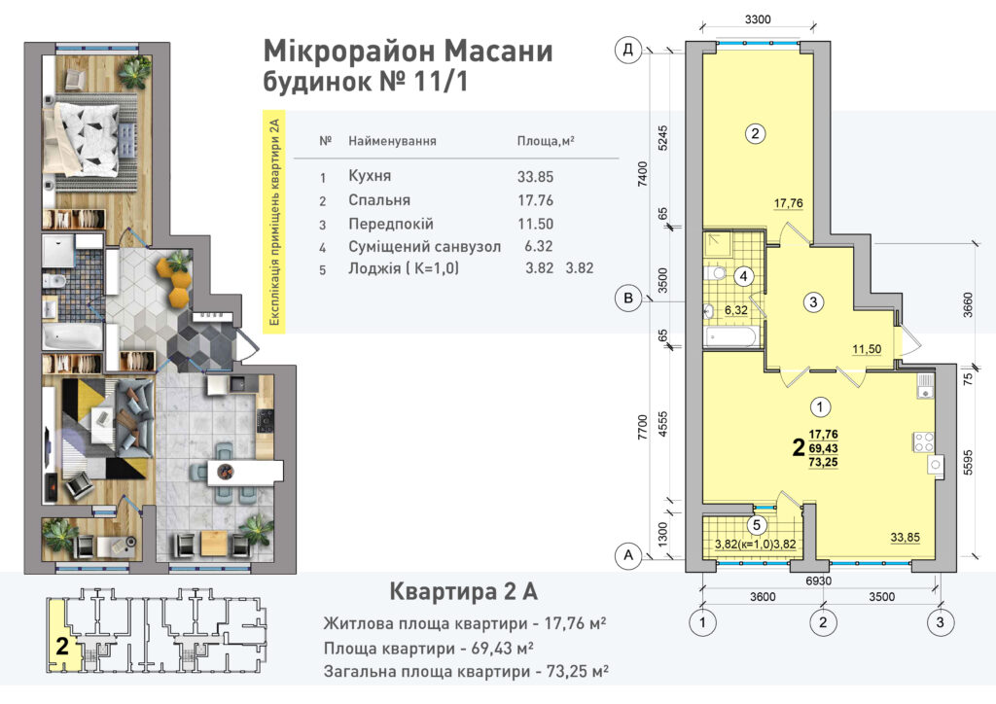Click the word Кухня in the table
[370, 176]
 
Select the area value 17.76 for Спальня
[536, 200]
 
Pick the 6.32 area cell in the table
[539, 246]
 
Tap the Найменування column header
[392, 141]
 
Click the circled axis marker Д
[628, 50]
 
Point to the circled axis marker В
[628, 299]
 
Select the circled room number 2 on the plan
[755, 133]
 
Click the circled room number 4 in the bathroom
[743, 276]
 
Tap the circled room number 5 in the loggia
[757, 525]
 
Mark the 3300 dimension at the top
[757, 19]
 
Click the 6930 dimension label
[818, 581]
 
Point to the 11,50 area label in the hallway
[867, 349]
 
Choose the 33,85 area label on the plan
[905, 537]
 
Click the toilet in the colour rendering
[52, 281]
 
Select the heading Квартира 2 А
[463, 591]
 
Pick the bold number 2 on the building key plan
[61, 647]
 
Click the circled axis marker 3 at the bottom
[941, 622]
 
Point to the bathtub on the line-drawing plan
[731, 335]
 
